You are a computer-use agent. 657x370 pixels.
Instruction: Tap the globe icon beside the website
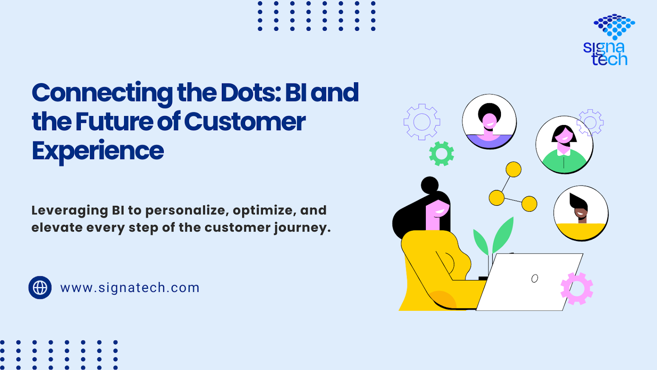click(x=40, y=287)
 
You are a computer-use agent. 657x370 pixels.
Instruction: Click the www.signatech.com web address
click(x=130, y=288)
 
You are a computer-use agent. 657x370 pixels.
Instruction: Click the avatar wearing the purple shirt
click(x=489, y=122)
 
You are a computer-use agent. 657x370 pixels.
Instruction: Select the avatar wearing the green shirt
click(x=564, y=145)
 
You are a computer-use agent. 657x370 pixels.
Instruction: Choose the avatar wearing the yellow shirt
click(x=581, y=213)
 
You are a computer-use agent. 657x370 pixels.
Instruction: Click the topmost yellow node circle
click(x=513, y=169)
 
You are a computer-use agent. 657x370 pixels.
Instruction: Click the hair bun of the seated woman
click(x=430, y=185)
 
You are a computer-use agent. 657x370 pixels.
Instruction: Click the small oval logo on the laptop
click(x=535, y=278)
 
